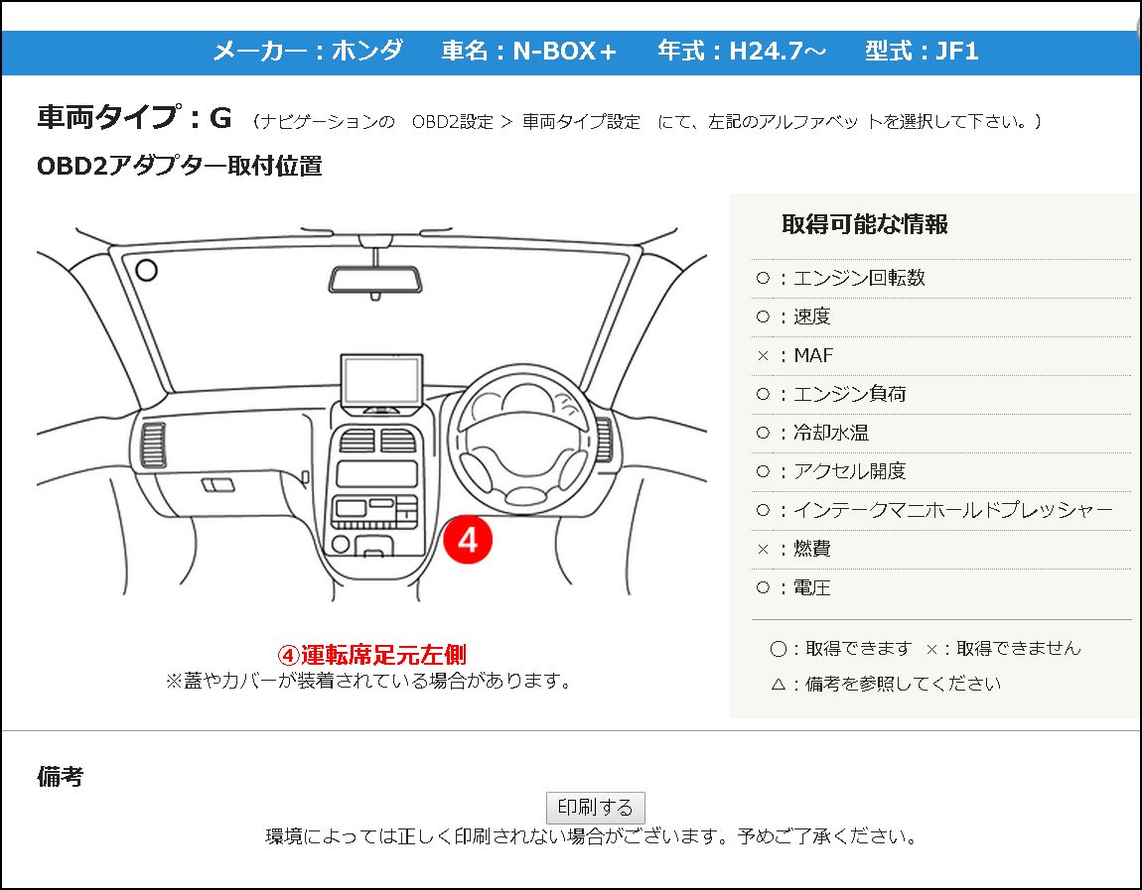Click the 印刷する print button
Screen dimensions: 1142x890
click(x=595, y=807)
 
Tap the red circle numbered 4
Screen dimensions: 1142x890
click(x=468, y=539)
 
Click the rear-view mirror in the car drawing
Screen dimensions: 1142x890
click(x=375, y=280)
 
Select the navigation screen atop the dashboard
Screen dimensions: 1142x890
click(x=381, y=383)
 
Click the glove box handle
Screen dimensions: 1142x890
click(x=217, y=484)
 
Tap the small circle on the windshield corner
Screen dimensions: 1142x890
click(x=146, y=270)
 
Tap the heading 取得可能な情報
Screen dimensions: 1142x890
click(x=865, y=224)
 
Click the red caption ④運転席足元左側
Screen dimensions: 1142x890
click(x=372, y=655)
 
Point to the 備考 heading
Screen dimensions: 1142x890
click(x=60, y=777)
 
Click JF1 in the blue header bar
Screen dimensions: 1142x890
click(x=957, y=51)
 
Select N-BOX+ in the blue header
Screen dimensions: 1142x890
click(x=564, y=51)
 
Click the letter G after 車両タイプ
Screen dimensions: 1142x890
click(x=220, y=117)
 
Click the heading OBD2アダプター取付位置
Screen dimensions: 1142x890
click(x=179, y=166)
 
